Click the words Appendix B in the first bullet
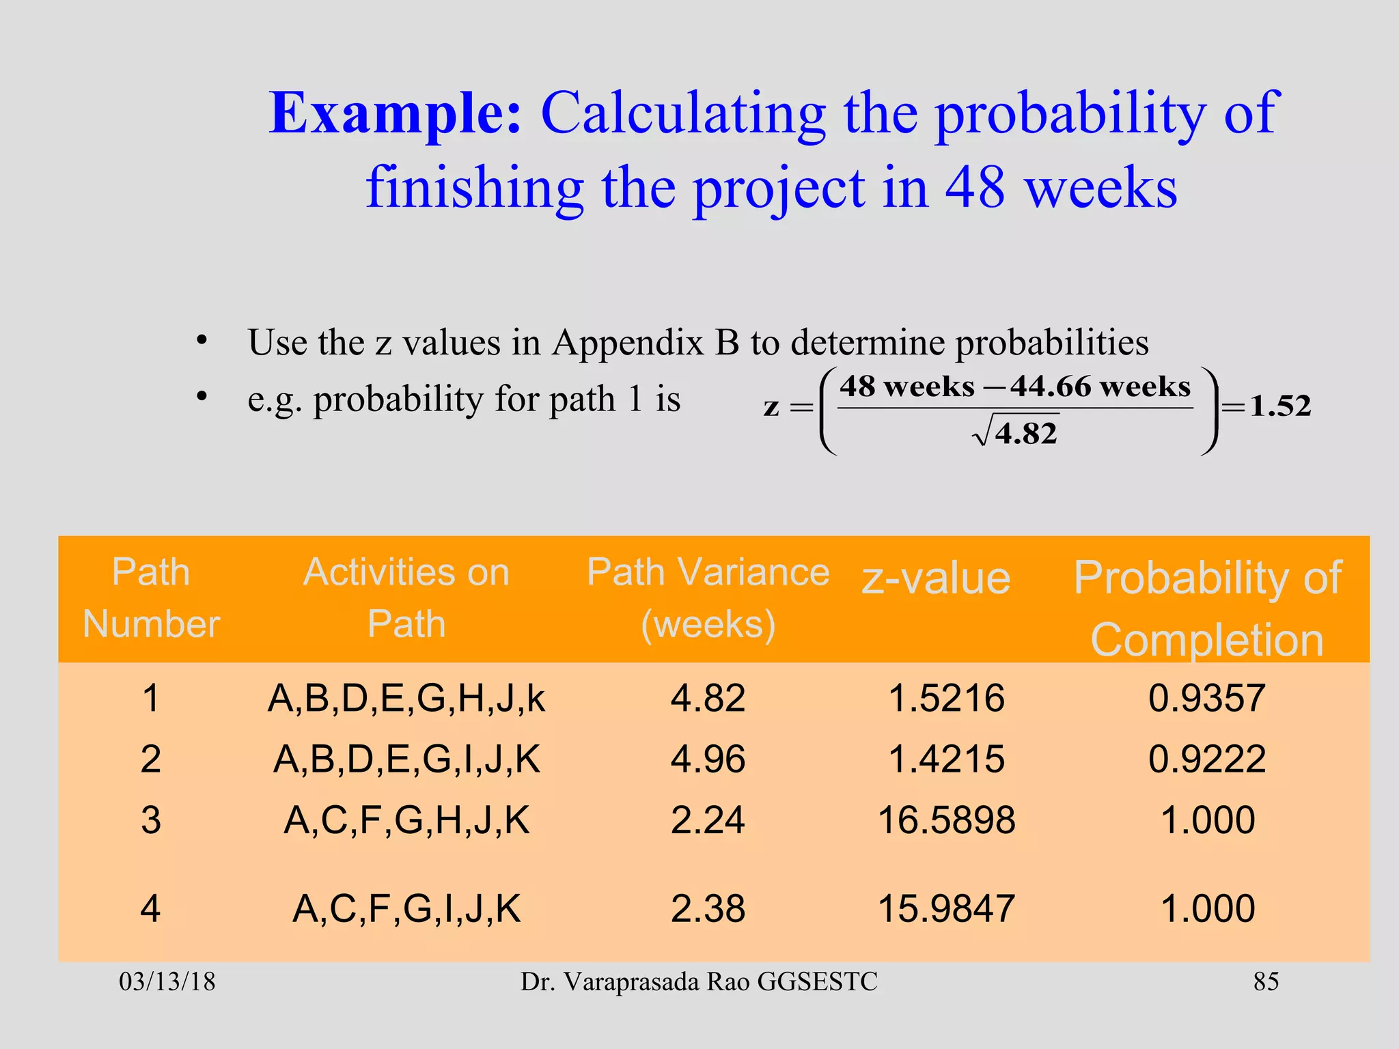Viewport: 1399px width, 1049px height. pos(646,342)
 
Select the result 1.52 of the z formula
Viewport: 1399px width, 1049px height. pos(1280,406)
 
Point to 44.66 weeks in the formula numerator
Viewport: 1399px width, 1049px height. pos(1100,387)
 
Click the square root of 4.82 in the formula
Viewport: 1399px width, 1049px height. pos(1016,433)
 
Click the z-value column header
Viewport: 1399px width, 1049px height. pos(936,578)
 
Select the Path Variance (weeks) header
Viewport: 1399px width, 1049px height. pos(708,598)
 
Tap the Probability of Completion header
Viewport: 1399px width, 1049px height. pos(1207,608)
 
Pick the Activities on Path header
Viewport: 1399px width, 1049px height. pos(406,598)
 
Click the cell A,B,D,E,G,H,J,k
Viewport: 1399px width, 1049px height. pos(406,699)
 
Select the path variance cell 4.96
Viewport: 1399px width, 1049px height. pos(708,759)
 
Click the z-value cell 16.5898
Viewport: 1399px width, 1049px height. pos(946,820)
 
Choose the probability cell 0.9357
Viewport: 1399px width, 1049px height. pos(1207,699)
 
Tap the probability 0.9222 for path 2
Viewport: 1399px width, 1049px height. pos(1207,759)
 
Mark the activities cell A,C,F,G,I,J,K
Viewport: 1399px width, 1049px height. pos(406,909)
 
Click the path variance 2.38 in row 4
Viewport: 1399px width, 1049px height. pos(708,909)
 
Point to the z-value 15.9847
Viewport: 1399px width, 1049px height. pos(946,909)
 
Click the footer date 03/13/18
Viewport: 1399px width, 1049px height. pos(167,982)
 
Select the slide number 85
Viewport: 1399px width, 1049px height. pos(1266,982)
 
